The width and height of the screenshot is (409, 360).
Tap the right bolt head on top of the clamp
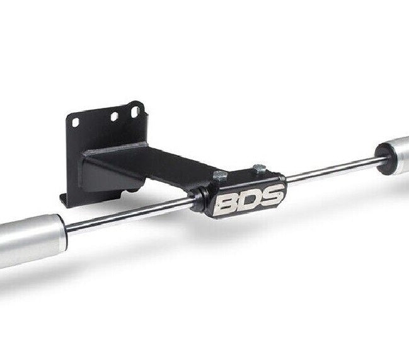(x=258, y=168)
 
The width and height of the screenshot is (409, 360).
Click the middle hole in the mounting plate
(x=114, y=117)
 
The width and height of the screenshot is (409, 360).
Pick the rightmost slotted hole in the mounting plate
(x=135, y=112)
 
